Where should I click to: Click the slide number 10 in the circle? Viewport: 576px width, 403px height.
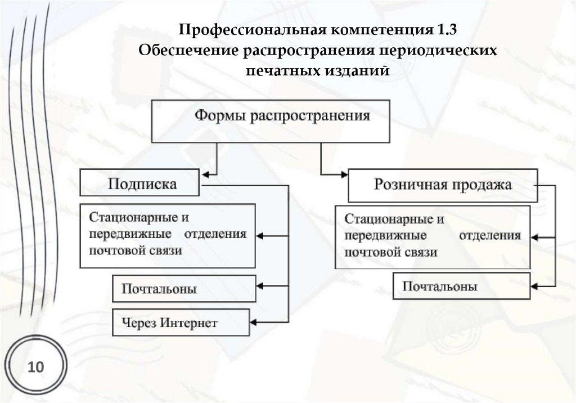click(35, 368)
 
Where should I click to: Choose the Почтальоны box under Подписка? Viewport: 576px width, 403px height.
click(184, 289)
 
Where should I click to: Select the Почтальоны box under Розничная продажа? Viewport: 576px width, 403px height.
click(461, 287)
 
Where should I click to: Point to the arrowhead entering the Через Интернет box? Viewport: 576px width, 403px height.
click(253, 323)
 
